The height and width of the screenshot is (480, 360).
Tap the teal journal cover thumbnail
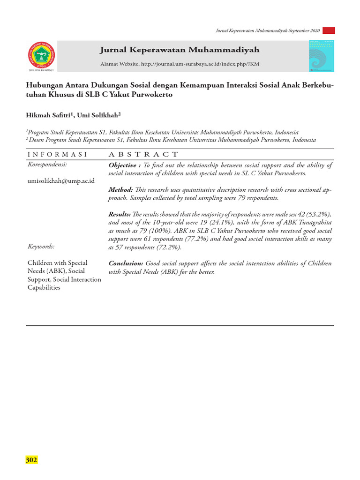(322, 56)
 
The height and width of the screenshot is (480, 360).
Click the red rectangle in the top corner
(329, 30)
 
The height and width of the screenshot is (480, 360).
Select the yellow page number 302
(31, 460)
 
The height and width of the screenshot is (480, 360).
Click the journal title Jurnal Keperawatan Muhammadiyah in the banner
(180, 50)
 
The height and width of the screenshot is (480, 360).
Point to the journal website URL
(200, 64)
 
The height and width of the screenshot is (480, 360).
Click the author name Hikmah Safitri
(47, 115)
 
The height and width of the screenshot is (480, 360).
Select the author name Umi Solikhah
(100, 115)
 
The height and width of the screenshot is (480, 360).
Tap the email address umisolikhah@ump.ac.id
(61, 180)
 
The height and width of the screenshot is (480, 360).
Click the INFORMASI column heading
(58, 154)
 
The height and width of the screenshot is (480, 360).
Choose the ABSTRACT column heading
(143, 154)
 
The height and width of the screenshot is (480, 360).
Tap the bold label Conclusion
(126, 263)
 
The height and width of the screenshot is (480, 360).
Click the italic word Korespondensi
(47, 165)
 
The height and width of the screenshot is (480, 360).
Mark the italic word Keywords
(41, 246)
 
